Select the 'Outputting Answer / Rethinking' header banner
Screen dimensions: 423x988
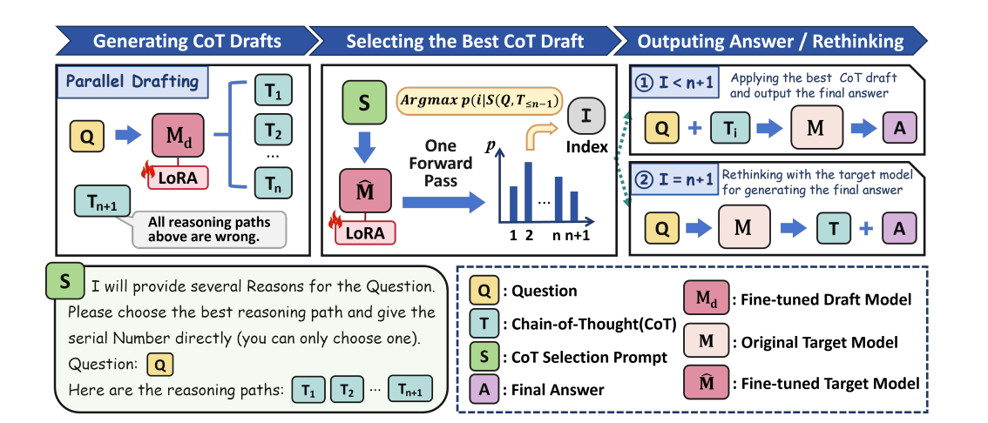pyautogui.click(x=769, y=41)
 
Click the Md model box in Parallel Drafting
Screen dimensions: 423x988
pyautogui.click(x=179, y=137)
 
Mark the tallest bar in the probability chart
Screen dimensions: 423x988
pyautogui.click(x=527, y=189)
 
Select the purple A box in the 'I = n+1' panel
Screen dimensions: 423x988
pyautogui.click(x=898, y=229)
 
